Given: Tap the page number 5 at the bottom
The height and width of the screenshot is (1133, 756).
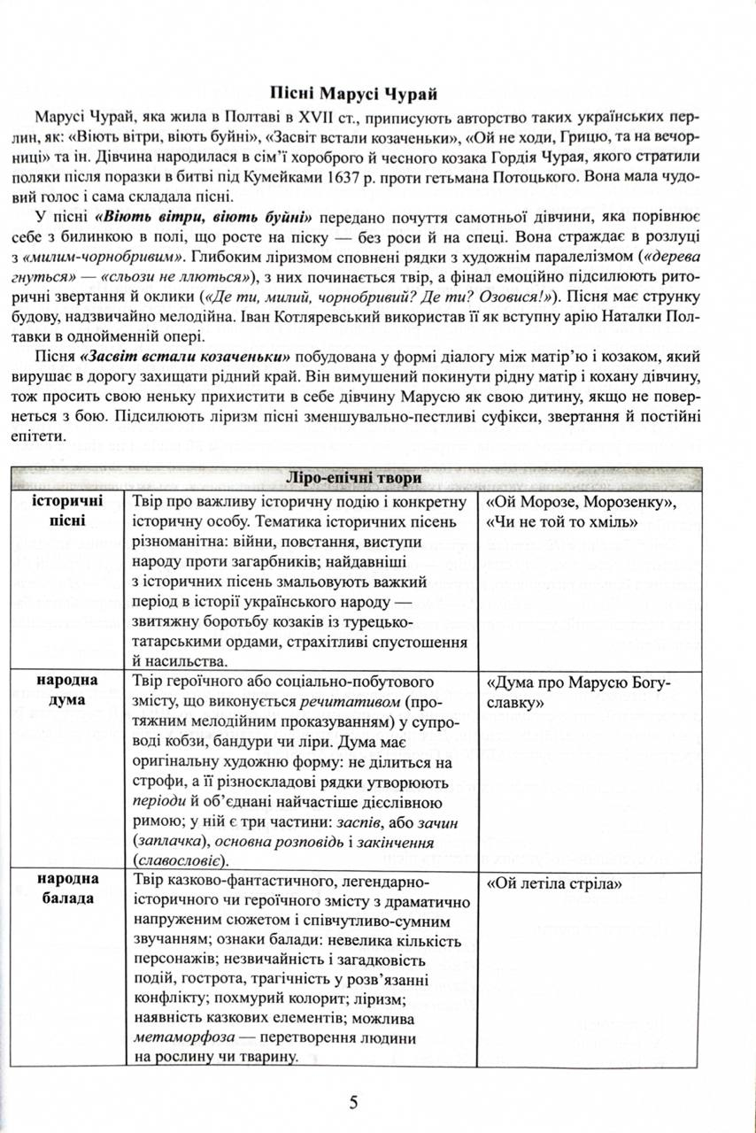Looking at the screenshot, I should coord(353,1102).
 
